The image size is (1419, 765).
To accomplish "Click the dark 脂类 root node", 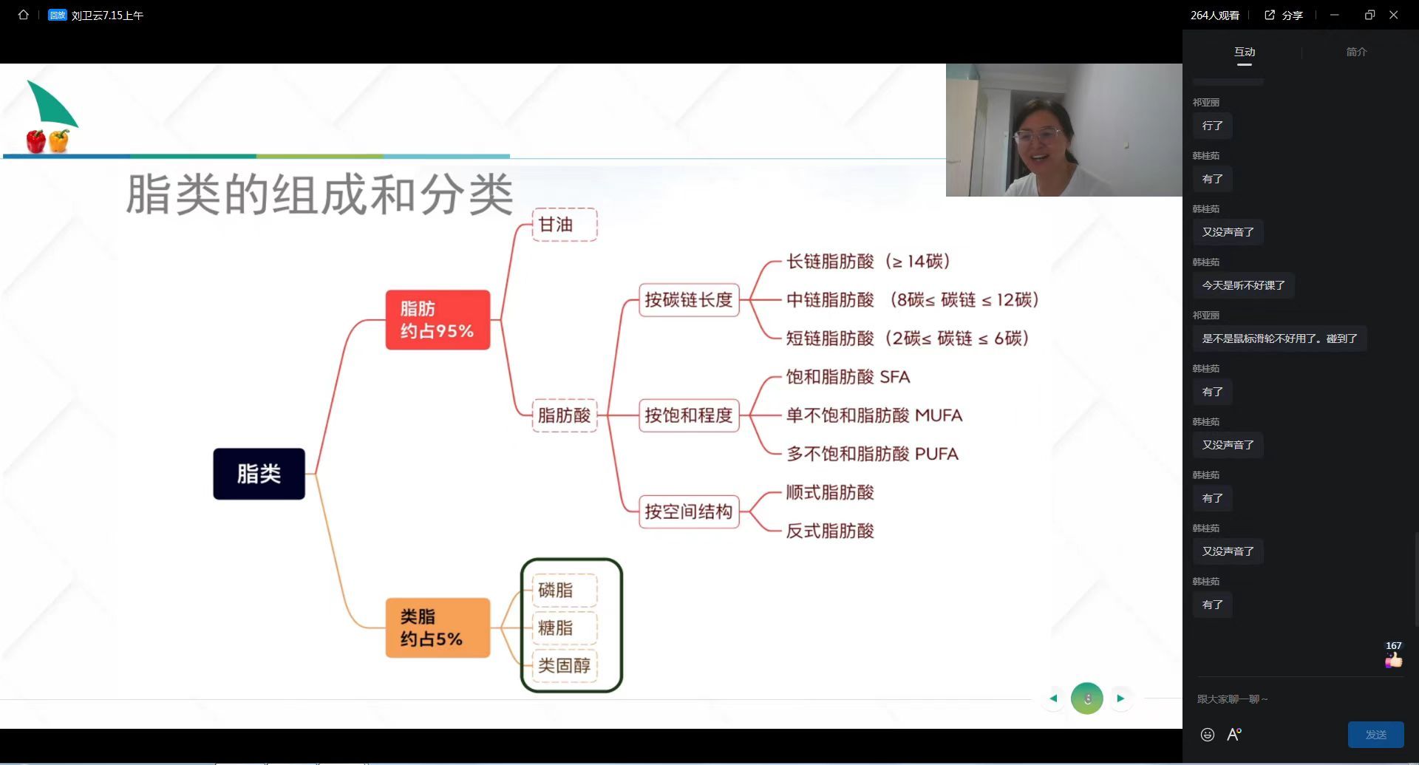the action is pyautogui.click(x=259, y=474).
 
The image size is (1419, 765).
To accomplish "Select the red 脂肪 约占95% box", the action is pyautogui.click(x=438, y=320).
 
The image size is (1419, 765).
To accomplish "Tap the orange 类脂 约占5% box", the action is pyautogui.click(x=438, y=628).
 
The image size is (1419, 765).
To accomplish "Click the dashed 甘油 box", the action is pyautogui.click(x=565, y=225).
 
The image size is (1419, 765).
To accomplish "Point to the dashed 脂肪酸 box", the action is pyautogui.click(x=565, y=415).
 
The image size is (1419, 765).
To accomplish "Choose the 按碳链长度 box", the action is pyautogui.click(x=689, y=299).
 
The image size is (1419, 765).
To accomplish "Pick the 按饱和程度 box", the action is pyautogui.click(x=689, y=415).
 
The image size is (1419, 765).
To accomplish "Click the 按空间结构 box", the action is pyautogui.click(x=689, y=511).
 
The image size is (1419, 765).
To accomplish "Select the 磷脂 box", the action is pyautogui.click(x=565, y=590).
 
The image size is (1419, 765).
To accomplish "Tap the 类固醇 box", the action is pyautogui.click(x=565, y=665).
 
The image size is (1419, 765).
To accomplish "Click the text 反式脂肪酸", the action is pyautogui.click(x=830, y=531).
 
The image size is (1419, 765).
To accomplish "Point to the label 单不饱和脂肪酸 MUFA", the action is pyautogui.click(x=874, y=415).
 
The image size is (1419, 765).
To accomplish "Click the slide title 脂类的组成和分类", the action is pyautogui.click(x=319, y=194).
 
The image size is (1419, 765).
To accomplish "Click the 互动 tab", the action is pyautogui.click(x=1245, y=52).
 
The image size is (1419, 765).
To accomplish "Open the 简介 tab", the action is pyautogui.click(x=1357, y=52).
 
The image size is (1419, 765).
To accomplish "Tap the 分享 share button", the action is pyautogui.click(x=1284, y=15).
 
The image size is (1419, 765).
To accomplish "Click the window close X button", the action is pyautogui.click(x=1394, y=15).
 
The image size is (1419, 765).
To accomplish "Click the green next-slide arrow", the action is pyautogui.click(x=1120, y=698).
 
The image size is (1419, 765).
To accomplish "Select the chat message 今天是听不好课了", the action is pyautogui.click(x=1243, y=285).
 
